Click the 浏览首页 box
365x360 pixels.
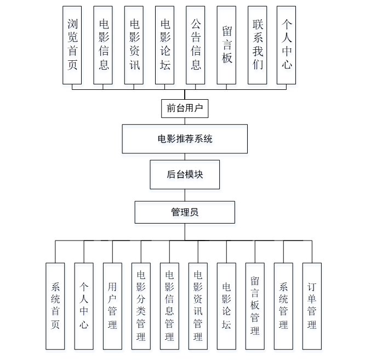tap(72, 45)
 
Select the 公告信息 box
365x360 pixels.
tap(196, 45)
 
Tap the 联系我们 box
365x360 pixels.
tap(257, 45)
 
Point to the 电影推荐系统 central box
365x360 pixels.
tap(185, 139)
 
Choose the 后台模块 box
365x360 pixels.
tap(185, 175)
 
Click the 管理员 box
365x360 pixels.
tap(185, 212)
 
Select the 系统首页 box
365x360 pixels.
tap(55, 306)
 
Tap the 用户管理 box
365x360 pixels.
tap(112, 306)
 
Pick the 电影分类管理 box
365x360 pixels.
tap(141, 306)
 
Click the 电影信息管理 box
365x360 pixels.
tap(169, 306)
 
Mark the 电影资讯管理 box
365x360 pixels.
tap(198, 306)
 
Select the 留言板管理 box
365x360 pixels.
tap(255, 306)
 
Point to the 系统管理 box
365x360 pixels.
tap(283, 306)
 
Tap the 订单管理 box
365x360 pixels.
tap(312, 306)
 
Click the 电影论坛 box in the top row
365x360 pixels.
tap(165, 45)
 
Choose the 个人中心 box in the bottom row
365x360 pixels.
tap(84, 306)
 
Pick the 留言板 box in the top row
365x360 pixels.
tap(226, 45)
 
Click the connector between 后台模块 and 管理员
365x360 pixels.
tap(185, 195)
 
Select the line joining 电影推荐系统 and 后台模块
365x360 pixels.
tap(185, 157)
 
